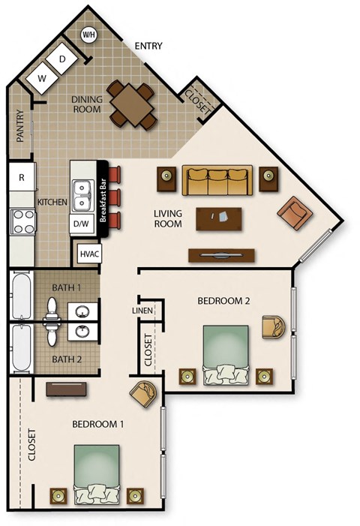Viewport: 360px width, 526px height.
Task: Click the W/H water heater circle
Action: click(89, 35)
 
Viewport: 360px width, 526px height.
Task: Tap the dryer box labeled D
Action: click(62, 59)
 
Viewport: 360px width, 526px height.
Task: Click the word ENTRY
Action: click(148, 47)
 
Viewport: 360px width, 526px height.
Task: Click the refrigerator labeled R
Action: click(22, 178)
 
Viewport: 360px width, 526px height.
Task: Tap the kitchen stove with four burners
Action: click(22, 223)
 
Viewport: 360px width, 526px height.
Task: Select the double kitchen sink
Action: click(81, 188)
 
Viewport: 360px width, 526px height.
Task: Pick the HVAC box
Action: click(89, 254)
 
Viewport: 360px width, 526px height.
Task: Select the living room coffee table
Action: click(219, 218)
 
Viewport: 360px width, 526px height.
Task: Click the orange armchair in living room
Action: click(294, 214)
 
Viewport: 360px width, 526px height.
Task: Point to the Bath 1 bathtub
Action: click(22, 297)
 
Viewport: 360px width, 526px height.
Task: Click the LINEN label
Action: click(142, 309)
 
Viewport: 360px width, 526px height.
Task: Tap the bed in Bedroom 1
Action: click(96, 473)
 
